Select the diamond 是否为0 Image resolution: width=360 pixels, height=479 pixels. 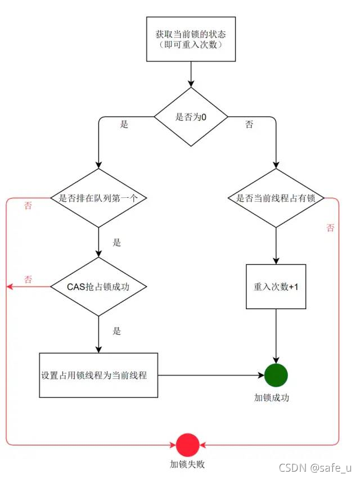coord(191,118)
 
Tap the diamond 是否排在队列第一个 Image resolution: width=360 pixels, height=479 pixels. coord(98,198)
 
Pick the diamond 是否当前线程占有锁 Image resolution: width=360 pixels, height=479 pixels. coord(276,198)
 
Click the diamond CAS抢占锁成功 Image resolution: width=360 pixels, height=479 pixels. coord(98,287)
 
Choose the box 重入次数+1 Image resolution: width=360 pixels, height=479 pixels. coord(276,287)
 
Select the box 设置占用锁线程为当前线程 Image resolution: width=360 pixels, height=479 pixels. coord(98,375)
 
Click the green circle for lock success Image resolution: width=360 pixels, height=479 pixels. coord(276,375)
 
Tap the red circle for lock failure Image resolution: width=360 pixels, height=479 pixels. coord(187,445)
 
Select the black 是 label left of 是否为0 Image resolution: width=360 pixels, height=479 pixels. coord(124,124)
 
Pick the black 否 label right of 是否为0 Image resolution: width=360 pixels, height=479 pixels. coord(249,124)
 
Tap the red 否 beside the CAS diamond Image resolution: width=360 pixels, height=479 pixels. coord(28,279)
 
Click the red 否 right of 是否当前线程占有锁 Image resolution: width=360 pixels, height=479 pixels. coord(330,228)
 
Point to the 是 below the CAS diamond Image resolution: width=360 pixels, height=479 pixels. coord(117,331)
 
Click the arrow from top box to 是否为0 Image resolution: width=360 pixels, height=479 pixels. coord(191,74)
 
